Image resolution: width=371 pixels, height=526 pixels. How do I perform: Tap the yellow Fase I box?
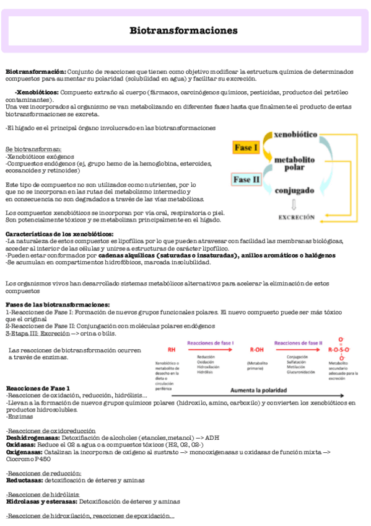tap(247, 148)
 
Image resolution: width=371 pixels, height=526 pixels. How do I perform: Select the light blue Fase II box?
tap(247, 181)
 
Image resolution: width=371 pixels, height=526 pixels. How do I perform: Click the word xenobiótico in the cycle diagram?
tap(295, 134)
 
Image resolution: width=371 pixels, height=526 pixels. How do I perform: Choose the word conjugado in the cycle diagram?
tap(294, 191)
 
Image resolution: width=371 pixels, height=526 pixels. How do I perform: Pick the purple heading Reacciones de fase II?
tap(298, 342)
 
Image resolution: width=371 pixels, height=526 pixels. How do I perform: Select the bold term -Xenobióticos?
tap(37, 92)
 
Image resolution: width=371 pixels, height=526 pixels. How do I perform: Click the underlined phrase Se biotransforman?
tap(33, 149)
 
